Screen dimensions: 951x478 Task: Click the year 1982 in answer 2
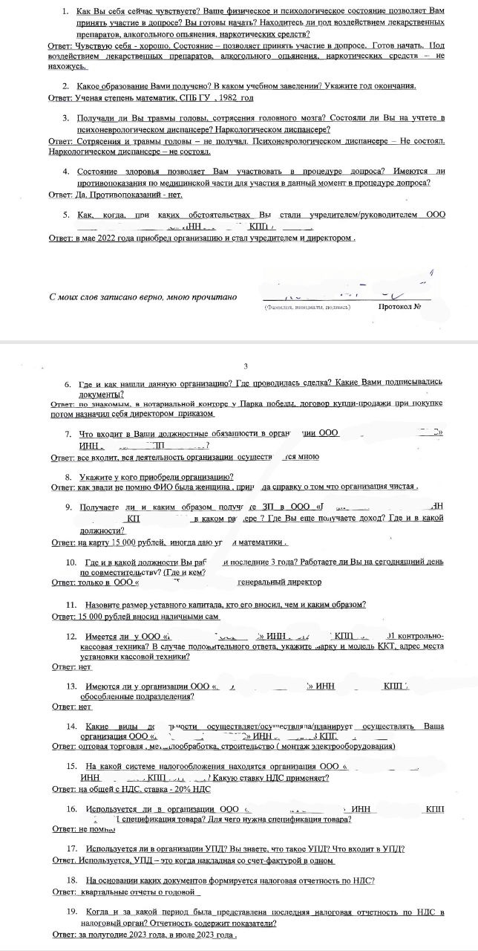[x=226, y=98]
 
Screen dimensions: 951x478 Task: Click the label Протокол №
[x=401, y=306]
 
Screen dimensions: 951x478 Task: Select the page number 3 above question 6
[x=245, y=366]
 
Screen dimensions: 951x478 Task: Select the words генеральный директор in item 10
[x=279, y=582]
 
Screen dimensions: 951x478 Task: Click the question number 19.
[x=72, y=911]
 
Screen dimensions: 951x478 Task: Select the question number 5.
[x=66, y=215]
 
